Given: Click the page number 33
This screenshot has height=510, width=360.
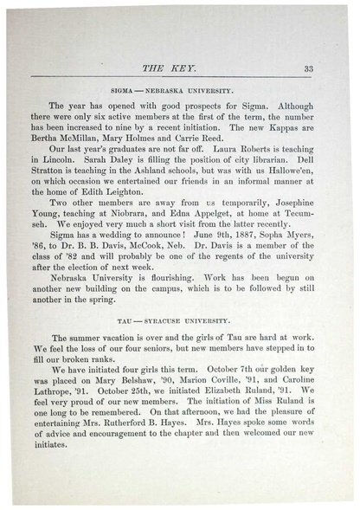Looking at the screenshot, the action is tap(309, 69).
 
